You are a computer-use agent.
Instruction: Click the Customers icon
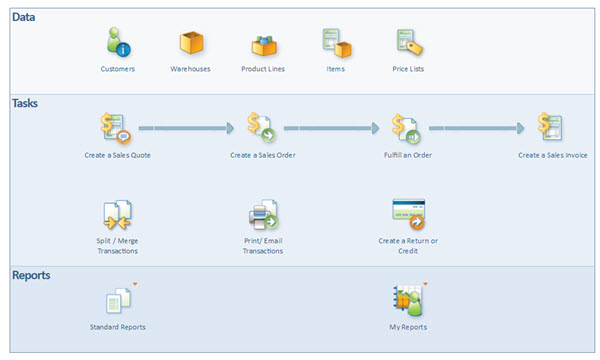(117, 43)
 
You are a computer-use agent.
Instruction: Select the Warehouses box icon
(191, 43)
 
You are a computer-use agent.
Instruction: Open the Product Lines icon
(263, 43)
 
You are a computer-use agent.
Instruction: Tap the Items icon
(336, 43)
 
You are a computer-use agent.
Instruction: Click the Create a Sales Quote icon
(117, 129)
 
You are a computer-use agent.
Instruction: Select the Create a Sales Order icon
(262, 129)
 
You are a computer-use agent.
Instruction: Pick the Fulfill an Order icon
(406, 129)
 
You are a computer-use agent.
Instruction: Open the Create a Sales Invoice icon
(551, 129)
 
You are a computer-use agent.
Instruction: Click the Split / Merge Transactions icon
(117, 214)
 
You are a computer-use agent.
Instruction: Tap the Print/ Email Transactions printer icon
(262, 214)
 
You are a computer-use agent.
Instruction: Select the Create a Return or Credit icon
(407, 213)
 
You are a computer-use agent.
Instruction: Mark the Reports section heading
(34, 274)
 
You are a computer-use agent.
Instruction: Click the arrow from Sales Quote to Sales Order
(186, 128)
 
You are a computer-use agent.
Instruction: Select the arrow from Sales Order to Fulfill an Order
(331, 128)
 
